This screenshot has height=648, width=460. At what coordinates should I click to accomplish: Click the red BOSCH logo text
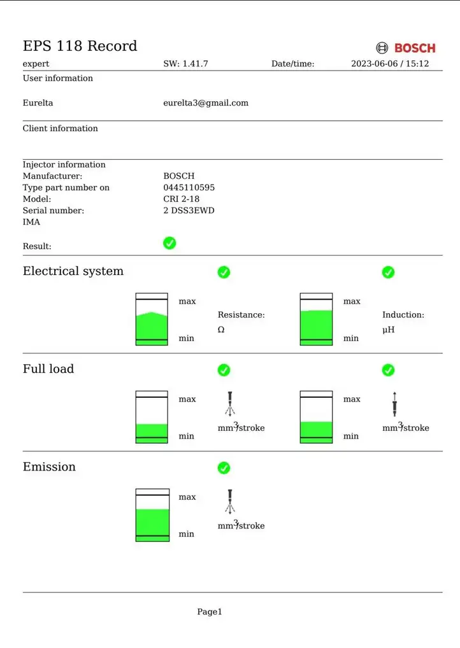[x=415, y=48]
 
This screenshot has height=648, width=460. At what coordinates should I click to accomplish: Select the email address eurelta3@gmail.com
[x=206, y=103]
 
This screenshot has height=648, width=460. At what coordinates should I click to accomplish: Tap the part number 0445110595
[x=189, y=187]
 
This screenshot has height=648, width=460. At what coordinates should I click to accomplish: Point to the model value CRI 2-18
[x=181, y=199]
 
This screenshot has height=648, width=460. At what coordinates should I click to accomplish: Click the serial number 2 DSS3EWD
[x=189, y=210]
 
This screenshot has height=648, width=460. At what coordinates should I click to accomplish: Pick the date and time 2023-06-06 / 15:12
[x=390, y=64]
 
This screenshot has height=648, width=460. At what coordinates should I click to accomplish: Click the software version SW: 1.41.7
[x=186, y=64]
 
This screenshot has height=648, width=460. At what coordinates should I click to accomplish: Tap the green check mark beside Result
[x=169, y=243]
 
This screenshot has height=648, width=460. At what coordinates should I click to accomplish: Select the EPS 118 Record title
[x=80, y=46]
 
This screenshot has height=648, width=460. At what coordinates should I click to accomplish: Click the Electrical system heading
[x=73, y=271]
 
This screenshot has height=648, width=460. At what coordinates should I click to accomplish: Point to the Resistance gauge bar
[x=152, y=319]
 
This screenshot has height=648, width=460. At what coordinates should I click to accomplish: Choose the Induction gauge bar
[x=317, y=319]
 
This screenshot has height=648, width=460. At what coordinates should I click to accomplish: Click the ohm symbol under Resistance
[x=221, y=330]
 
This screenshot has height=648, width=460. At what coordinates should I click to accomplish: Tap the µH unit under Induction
[x=389, y=330]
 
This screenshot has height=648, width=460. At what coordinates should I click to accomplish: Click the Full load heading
[x=48, y=369]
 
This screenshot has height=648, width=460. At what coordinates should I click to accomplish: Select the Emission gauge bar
[x=153, y=515]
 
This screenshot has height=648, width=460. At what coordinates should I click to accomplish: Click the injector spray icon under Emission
[x=230, y=502]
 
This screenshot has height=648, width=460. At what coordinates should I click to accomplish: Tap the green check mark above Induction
[x=388, y=272]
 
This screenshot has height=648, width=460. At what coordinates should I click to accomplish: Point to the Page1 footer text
[x=210, y=612]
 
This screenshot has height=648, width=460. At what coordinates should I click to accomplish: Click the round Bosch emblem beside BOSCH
[x=382, y=48]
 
